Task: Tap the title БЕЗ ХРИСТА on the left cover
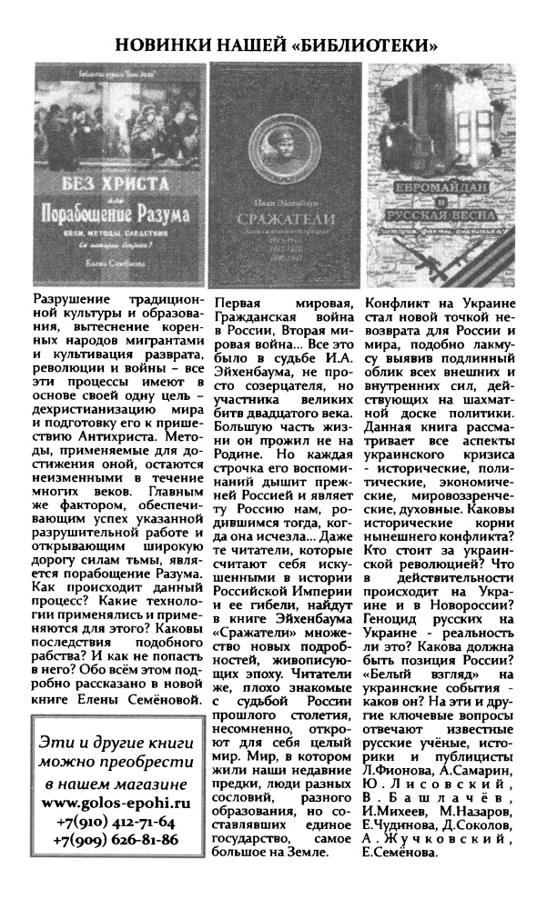tap(114, 192)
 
